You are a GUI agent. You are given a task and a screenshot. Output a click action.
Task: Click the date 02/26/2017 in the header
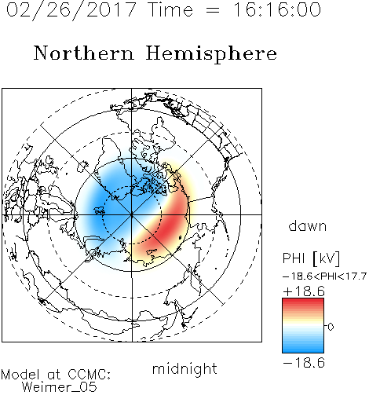[x=71, y=10]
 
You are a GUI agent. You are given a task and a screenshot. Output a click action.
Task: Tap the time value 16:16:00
[x=276, y=9]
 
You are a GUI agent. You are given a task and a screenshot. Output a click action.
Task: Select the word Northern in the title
[x=84, y=53]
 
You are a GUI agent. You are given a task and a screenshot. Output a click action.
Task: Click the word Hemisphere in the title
[x=211, y=53]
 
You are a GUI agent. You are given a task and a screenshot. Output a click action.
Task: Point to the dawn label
[x=308, y=225]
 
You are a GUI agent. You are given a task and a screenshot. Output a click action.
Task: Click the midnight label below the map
[x=184, y=369]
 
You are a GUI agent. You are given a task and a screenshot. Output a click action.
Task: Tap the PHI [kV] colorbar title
[x=311, y=258]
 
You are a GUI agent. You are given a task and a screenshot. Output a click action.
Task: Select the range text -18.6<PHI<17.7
[x=324, y=276]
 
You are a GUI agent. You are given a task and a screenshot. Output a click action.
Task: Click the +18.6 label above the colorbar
[x=304, y=291]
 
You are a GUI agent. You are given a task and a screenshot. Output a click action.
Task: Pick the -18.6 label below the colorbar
[x=304, y=363]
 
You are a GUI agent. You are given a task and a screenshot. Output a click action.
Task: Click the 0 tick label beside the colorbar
[x=331, y=327]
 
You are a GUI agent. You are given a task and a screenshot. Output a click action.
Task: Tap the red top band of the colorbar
[x=303, y=302]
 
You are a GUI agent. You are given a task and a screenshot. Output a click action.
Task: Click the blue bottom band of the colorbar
[x=303, y=349]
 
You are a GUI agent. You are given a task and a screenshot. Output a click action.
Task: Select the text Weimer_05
[x=60, y=387]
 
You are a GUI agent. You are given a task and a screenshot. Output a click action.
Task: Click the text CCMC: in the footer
[x=90, y=375]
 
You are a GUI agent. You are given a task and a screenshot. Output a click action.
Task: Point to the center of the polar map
[x=132, y=215]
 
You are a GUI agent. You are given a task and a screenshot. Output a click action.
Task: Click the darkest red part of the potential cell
[x=170, y=226]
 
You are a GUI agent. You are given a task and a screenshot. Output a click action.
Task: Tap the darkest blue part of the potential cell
[x=102, y=207]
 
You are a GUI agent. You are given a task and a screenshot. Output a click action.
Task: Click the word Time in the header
[x=170, y=9]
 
